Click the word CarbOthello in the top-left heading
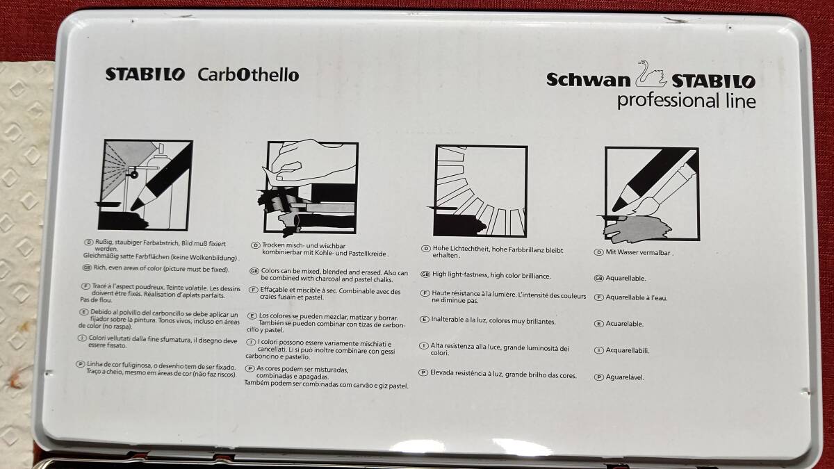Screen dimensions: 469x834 click(248, 74)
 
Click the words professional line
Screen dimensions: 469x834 click(686, 101)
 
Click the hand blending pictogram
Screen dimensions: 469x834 click(311, 188)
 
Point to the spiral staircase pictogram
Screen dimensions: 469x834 click(480, 190)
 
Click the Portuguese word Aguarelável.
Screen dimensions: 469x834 click(625, 377)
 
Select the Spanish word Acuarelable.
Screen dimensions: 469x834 click(625, 324)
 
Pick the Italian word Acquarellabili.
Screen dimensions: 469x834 click(628, 351)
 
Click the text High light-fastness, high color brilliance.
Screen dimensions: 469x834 click(491, 276)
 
